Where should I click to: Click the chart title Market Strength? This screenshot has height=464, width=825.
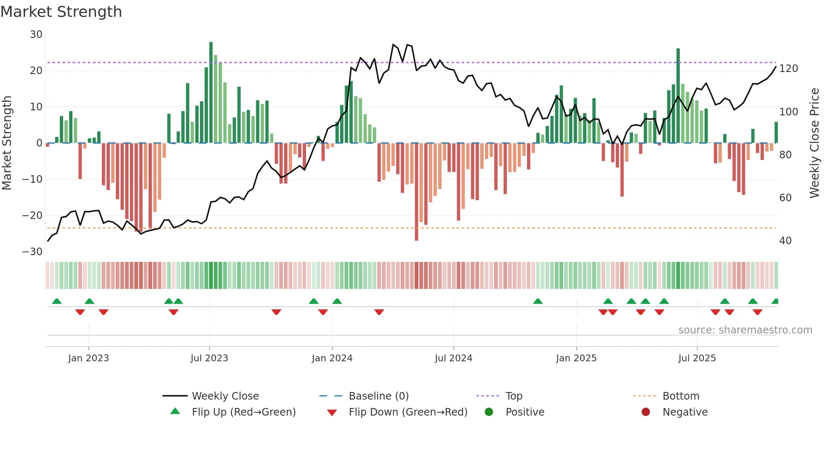(x=61, y=12)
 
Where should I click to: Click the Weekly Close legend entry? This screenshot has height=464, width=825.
(x=225, y=396)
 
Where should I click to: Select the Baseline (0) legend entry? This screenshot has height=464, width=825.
(x=378, y=396)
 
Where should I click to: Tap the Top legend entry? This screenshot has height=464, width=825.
(x=514, y=396)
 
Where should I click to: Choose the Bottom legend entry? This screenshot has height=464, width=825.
(x=681, y=396)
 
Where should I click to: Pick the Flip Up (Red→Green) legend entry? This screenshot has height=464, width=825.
(x=243, y=412)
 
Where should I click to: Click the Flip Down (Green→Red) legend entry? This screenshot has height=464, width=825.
(x=407, y=412)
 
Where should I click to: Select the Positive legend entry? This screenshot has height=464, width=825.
(x=524, y=412)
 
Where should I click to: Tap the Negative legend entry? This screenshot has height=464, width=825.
(x=684, y=412)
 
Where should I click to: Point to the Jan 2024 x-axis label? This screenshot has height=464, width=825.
(x=332, y=358)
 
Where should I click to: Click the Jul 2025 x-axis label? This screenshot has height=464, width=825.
(x=697, y=358)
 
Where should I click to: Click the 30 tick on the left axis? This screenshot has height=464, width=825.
(x=36, y=35)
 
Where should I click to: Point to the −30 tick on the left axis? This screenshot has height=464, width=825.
(x=32, y=252)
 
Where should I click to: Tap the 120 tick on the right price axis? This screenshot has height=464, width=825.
(x=788, y=69)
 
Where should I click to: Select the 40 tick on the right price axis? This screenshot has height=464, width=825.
(x=785, y=241)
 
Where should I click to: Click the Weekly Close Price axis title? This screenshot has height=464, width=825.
(x=814, y=143)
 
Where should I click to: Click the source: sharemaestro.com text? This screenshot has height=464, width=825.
(x=745, y=330)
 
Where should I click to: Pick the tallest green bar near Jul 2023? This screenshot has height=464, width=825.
(x=211, y=93)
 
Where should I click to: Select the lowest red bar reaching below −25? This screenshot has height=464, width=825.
(x=416, y=192)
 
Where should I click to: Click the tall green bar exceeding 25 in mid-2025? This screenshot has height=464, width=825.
(x=678, y=96)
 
